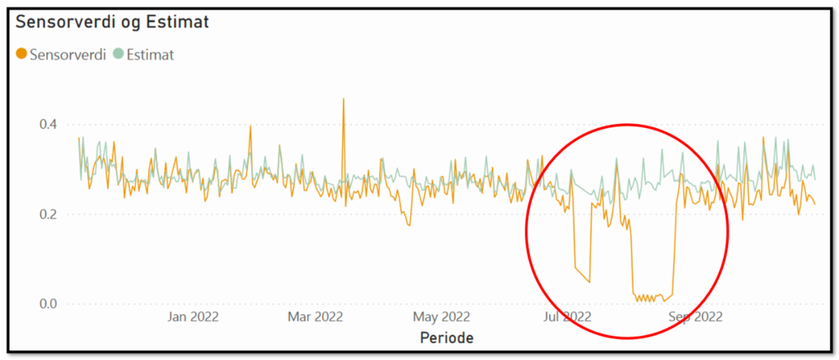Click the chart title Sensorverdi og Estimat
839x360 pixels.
point(112,23)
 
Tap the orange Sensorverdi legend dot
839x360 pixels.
point(22,55)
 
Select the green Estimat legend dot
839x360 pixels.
point(118,55)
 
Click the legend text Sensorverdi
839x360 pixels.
point(68,55)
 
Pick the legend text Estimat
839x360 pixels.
point(150,55)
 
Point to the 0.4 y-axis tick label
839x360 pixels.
point(48,125)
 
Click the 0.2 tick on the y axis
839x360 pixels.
point(48,214)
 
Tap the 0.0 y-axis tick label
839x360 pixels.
point(48,304)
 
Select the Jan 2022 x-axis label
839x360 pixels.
point(192,316)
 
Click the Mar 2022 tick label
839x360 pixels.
point(315,316)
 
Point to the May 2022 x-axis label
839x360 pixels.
point(442,316)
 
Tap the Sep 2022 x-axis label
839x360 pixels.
point(695,316)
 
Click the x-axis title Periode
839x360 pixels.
point(446,338)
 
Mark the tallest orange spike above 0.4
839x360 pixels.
point(343,99)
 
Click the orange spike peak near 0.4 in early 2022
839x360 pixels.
point(250,126)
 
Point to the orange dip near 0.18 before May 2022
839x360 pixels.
point(409,225)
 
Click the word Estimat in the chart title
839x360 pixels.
point(177,23)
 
